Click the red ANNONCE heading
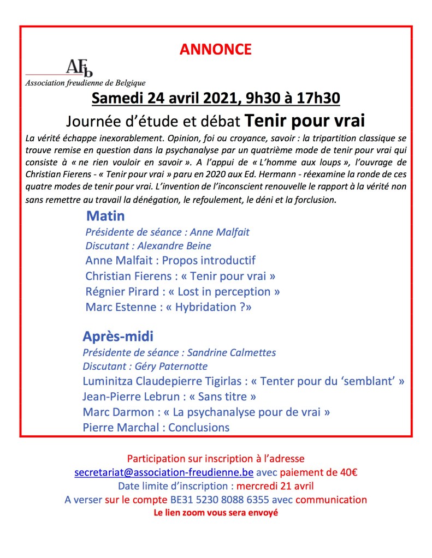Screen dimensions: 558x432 pos(216,49)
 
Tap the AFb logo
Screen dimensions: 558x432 pos(80,68)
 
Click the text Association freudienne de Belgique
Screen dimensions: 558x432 pos(85,83)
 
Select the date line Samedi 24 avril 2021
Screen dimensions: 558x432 pos(216,98)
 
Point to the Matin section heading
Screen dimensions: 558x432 pos(105,214)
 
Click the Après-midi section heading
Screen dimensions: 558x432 pos(118,335)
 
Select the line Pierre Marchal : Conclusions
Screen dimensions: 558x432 pos(156,427)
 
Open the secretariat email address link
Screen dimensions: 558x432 pos(163,472)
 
